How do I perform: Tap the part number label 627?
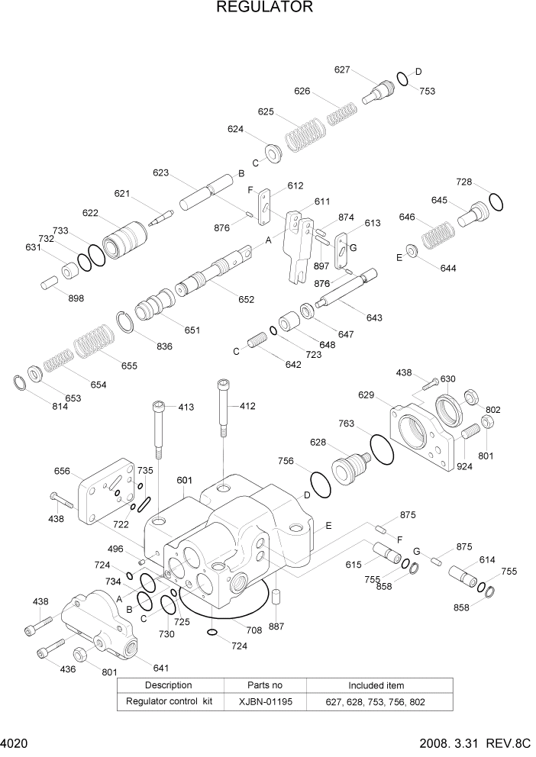tap(342, 69)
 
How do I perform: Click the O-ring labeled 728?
tap(496, 201)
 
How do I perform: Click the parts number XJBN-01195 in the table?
tap(264, 701)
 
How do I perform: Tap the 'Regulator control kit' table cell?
tap(169, 701)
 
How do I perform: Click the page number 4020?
tap(15, 744)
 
